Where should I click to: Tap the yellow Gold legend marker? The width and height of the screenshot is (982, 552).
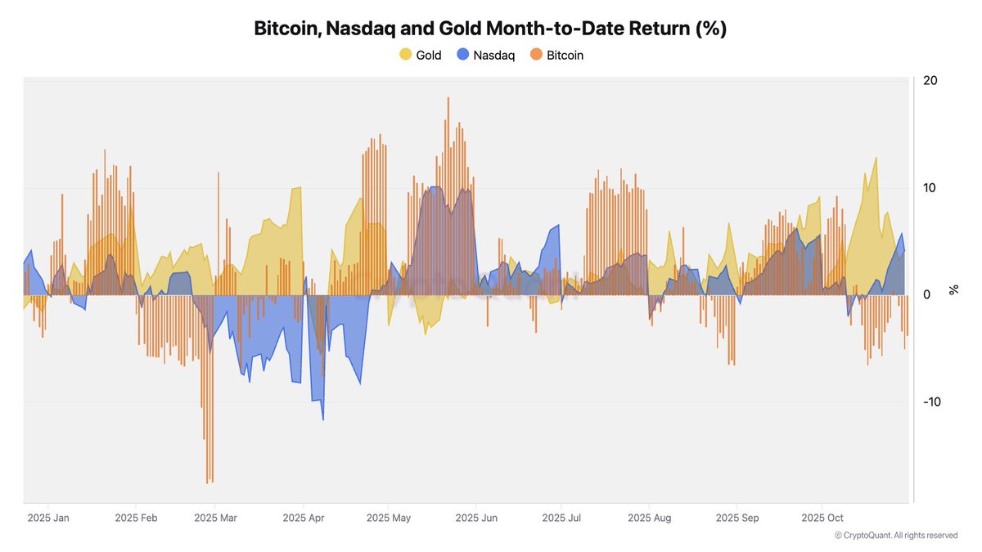click(405, 55)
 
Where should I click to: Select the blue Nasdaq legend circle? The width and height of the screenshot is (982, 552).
click(462, 55)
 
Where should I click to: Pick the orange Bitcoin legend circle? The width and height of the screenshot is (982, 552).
click(536, 55)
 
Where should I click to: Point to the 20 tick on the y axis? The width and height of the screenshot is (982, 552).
click(930, 80)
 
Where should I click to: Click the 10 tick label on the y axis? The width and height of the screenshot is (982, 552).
click(930, 187)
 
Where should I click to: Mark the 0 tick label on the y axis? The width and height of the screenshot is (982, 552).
click(926, 294)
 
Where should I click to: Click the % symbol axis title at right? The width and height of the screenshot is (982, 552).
click(953, 289)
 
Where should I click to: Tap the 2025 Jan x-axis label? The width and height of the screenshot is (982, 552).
click(48, 518)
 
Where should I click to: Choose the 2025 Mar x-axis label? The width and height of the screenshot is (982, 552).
click(215, 518)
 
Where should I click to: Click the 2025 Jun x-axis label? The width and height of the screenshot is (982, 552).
click(476, 518)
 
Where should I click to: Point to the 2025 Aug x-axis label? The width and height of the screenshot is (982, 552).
click(650, 518)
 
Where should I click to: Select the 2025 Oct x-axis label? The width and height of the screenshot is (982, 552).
click(822, 518)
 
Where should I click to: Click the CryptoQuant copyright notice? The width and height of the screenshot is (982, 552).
click(896, 536)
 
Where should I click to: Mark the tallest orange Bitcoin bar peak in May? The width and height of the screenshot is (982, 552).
click(448, 98)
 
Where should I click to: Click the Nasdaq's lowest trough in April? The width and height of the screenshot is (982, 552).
click(323, 420)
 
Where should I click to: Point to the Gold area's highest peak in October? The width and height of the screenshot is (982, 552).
click(876, 158)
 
